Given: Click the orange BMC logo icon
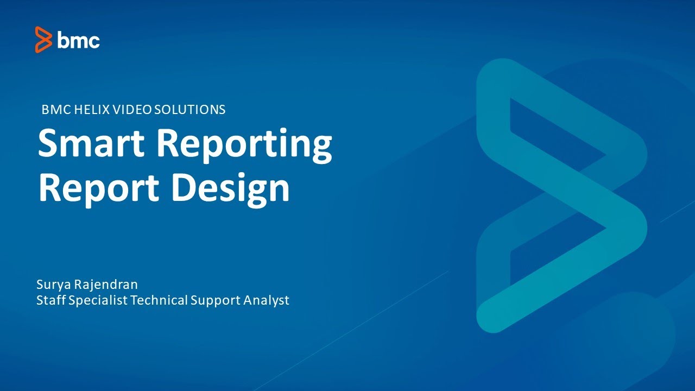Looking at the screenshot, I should click(43, 40).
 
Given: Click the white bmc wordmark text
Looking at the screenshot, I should click(79, 40).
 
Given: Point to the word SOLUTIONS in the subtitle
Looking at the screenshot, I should click(189, 109).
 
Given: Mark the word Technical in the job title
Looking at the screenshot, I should click(159, 300).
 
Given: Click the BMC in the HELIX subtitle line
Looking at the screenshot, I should click(54, 109).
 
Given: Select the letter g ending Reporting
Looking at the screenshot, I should click(320, 148).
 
